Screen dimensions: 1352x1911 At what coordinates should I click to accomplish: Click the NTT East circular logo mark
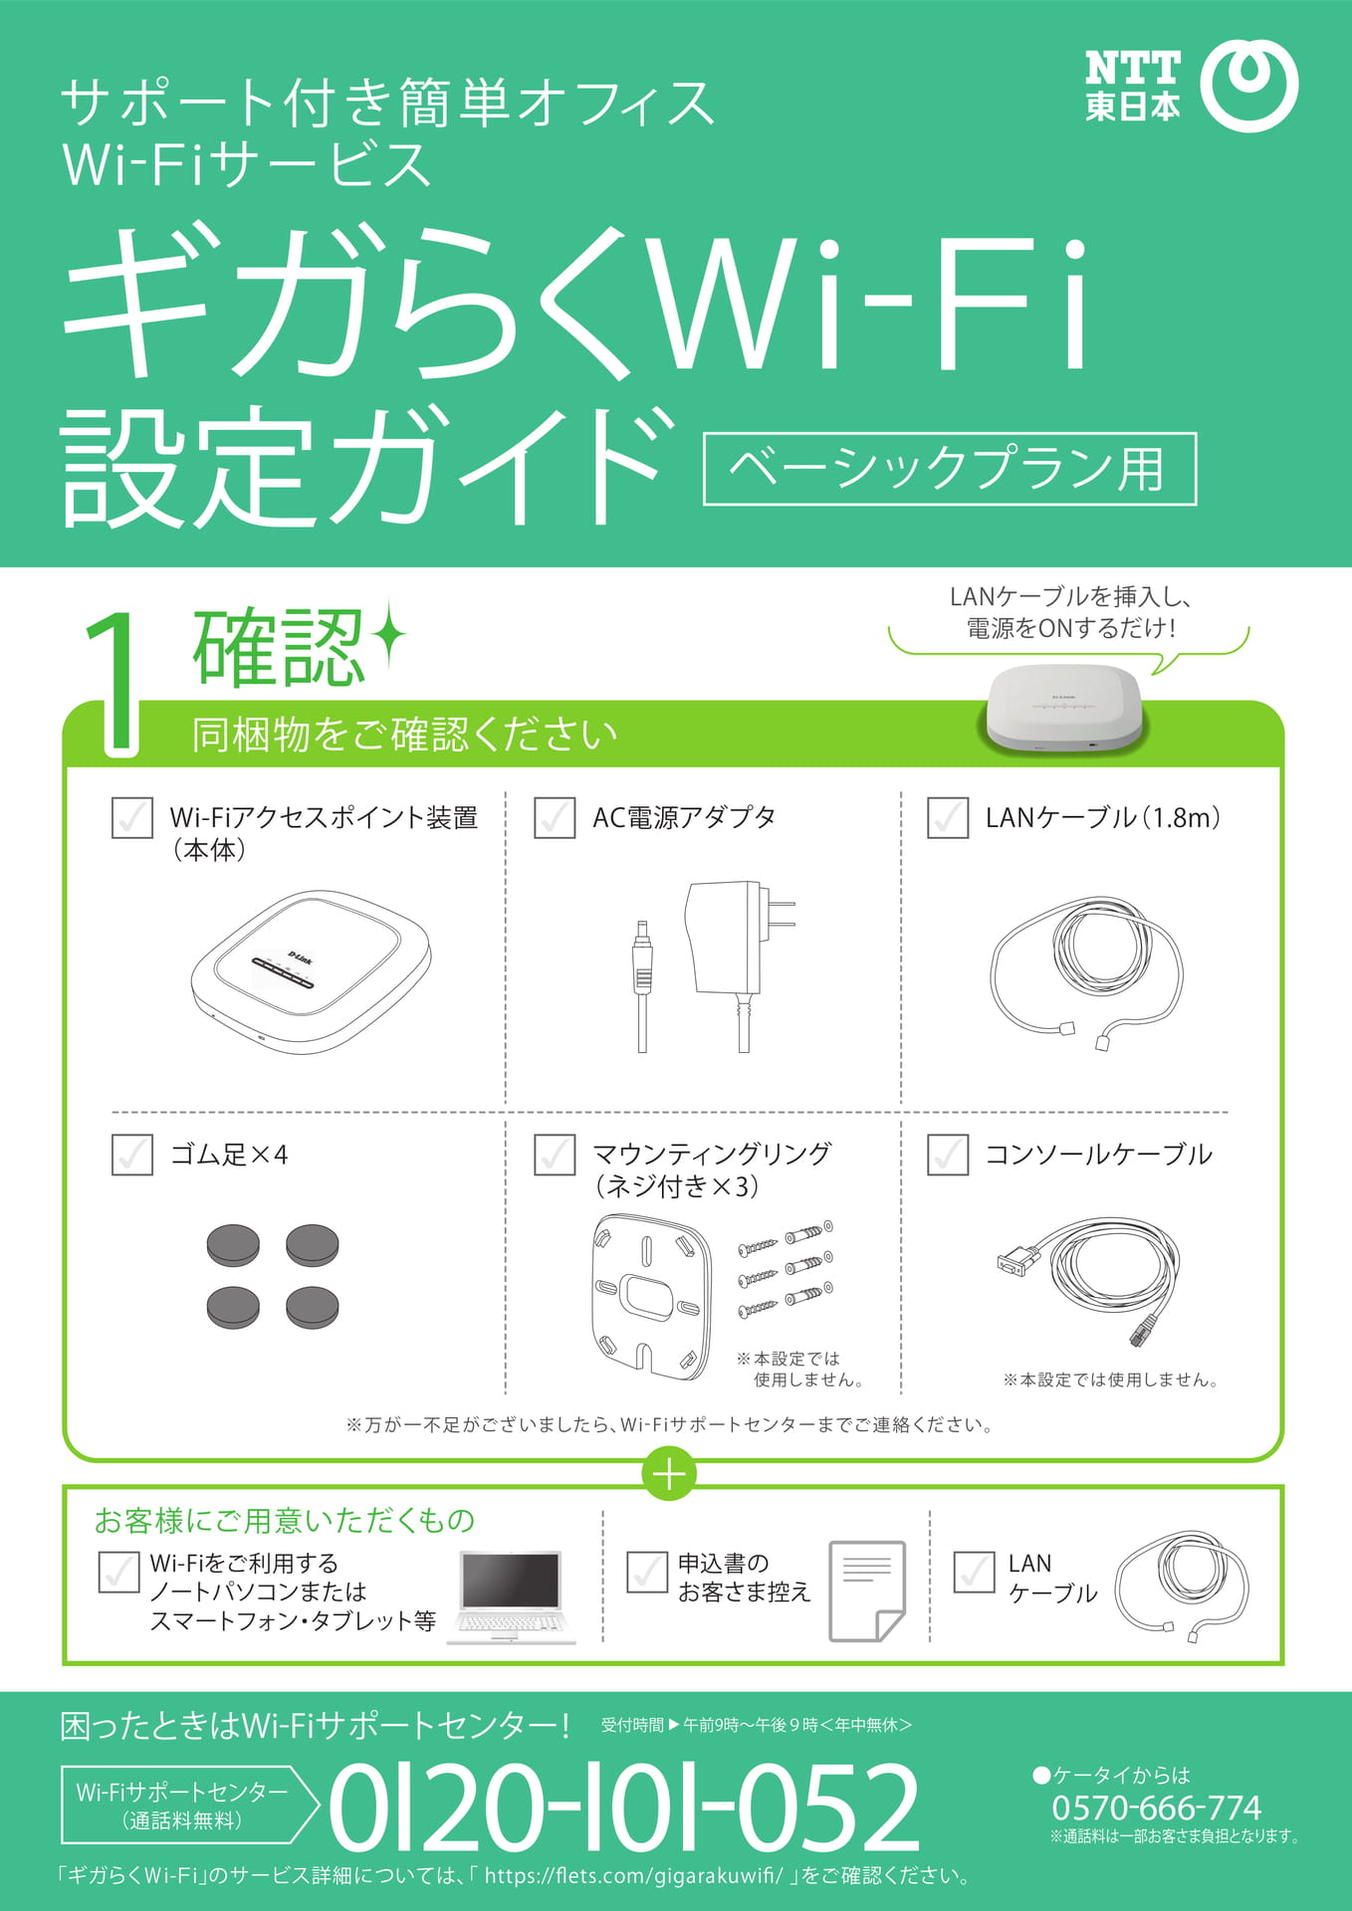[1249, 85]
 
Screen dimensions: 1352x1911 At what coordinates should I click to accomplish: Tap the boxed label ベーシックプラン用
[950, 469]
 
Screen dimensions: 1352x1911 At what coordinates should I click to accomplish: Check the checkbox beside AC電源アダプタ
[555, 817]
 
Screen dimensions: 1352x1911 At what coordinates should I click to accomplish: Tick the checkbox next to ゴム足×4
[132, 1155]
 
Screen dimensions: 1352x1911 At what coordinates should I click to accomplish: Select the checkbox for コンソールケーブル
[948, 1155]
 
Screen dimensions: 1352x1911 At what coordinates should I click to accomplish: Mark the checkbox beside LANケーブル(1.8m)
[948, 817]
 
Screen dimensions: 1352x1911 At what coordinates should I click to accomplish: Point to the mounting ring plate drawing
[652, 1297]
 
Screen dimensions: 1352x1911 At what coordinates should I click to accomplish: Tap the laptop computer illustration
[512, 1596]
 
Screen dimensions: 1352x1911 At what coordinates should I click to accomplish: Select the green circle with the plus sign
[669, 1474]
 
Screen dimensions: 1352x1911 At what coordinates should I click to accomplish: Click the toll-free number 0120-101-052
[623, 1806]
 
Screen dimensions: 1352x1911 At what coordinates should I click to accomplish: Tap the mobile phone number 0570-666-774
[1156, 1806]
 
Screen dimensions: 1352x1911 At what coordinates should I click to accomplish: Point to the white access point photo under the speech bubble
[1064, 708]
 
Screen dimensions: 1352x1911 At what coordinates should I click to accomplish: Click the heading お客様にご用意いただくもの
[285, 1521]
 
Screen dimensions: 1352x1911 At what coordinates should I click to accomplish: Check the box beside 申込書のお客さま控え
[647, 1572]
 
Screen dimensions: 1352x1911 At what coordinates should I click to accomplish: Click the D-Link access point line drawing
[311, 971]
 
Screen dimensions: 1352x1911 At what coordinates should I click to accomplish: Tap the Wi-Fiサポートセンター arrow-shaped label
[189, 1805]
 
